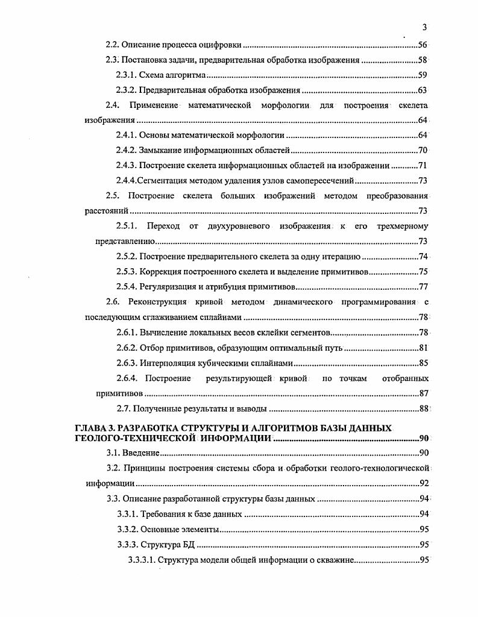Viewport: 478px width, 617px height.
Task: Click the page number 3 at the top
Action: [425, 27]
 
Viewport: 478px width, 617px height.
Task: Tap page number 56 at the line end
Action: [423, 45]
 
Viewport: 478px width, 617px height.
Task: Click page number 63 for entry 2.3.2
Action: [423, 90]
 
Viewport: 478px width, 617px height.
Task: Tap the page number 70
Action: [423, 150]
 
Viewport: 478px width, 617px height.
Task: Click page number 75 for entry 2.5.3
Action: [423, 271]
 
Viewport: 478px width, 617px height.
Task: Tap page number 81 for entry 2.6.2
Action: [423, 348]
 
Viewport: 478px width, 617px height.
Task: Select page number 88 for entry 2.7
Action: [423, 409]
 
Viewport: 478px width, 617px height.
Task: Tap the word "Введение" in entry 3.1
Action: [142, 453]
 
